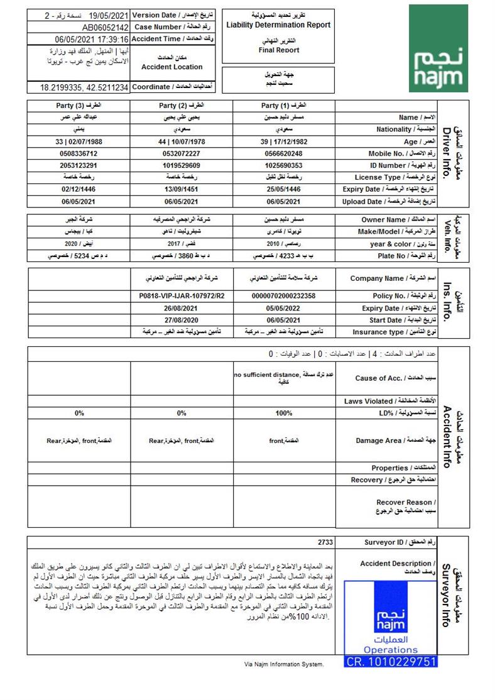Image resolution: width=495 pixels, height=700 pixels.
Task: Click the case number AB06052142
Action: pos(105,28)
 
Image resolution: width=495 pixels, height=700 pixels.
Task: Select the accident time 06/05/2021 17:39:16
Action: pos(92,39)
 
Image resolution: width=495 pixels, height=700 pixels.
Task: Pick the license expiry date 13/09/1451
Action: pos(182,189)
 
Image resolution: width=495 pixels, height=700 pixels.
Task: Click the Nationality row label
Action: pos(393,129)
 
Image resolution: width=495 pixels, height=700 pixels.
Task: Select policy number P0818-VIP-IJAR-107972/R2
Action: pos(182,296)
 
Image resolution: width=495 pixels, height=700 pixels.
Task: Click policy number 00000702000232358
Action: pos(283,296)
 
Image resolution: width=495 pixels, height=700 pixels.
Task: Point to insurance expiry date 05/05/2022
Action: pos(283,308)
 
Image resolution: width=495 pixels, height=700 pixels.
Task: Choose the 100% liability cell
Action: pos(283,413)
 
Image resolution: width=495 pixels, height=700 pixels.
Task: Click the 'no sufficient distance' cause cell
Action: pos(283,378)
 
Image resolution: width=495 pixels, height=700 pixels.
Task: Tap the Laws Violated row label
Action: pos(390,401)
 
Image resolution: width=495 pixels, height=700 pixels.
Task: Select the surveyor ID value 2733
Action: pos(325,542)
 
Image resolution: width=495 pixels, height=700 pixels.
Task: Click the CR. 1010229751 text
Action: pos(391,662)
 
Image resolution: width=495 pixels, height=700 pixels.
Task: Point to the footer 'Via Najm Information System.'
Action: pos(284,664)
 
